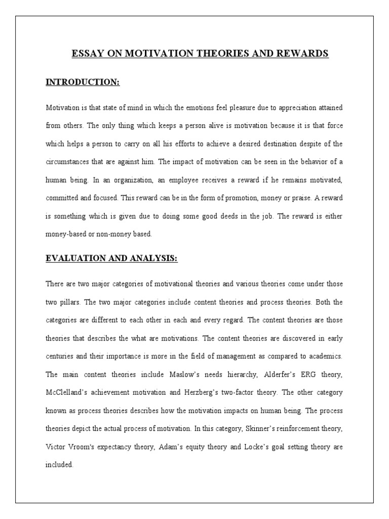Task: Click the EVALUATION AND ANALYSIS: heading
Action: click(112, 258)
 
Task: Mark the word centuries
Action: click(61, 356)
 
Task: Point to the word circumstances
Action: click(67, 162)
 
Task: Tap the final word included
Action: click(60, 464)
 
